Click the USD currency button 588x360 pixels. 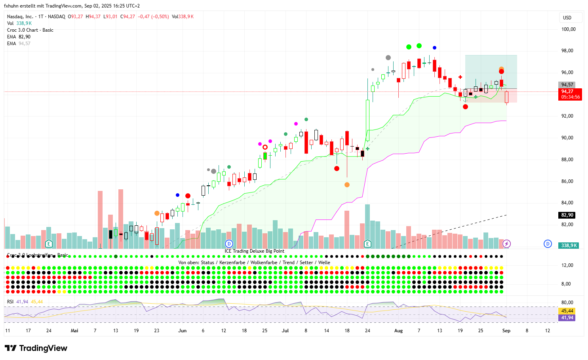click(567, 18)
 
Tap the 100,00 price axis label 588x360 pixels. click(569, 29)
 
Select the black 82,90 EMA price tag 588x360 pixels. click(567, 215)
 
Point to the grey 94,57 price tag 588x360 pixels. click(567, 85)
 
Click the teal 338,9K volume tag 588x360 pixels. click(569, 246)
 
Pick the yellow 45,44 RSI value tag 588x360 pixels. click(567, 311)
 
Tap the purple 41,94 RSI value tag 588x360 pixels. click(567, 318)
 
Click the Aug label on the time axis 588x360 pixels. click(398, 331)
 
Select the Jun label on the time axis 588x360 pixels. click(182, 331)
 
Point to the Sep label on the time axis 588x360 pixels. click(506, 331)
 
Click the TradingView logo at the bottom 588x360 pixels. click(36, 348)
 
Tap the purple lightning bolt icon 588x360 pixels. click(506, 244)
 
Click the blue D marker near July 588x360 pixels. click(228, 244)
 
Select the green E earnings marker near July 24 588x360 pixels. click(367, 244)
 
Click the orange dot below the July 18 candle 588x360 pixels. click(347, 185)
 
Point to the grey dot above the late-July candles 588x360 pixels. click(388, 58)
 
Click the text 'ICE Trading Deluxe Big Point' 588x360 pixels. click(254, 251)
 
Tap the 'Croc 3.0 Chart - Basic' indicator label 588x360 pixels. click(30, 30)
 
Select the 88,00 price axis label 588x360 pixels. click(569, 160)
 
